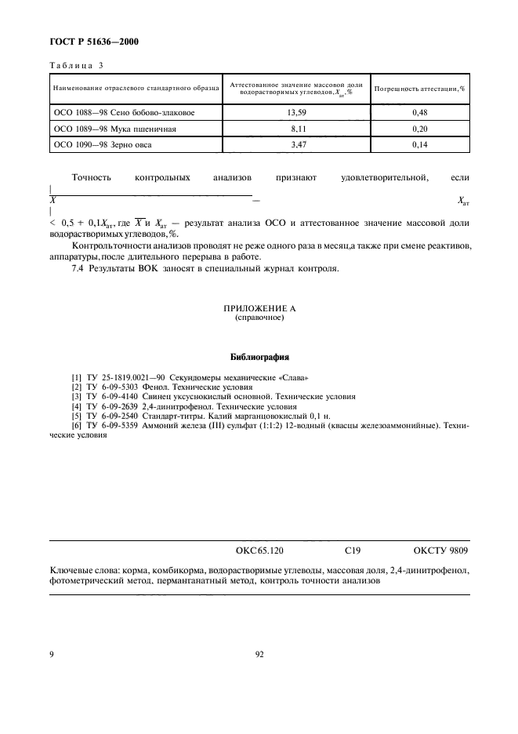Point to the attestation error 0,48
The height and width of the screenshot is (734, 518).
click(x=419, y=112)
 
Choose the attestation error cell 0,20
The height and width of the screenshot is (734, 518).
click(x=419, y=129)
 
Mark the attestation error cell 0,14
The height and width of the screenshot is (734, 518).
click(x=419, y=145)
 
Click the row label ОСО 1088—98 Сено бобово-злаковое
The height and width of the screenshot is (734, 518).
click(x=124, y=112)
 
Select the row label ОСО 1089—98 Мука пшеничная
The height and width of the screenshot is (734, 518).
click(x=115, y=129)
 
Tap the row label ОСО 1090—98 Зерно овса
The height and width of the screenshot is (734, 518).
click(x=103, y=145)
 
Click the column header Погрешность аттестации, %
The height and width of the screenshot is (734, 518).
click(x=419, y=89)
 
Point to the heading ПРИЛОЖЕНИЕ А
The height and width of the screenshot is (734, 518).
click(x=259, y=309)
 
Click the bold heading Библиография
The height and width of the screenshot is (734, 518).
click(x=259, y=355)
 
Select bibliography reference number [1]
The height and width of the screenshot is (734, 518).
click(x=76, y=378)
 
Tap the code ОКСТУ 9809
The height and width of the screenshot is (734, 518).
click(x=440, y=551)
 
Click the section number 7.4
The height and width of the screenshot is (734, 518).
click(x=78, y=269)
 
